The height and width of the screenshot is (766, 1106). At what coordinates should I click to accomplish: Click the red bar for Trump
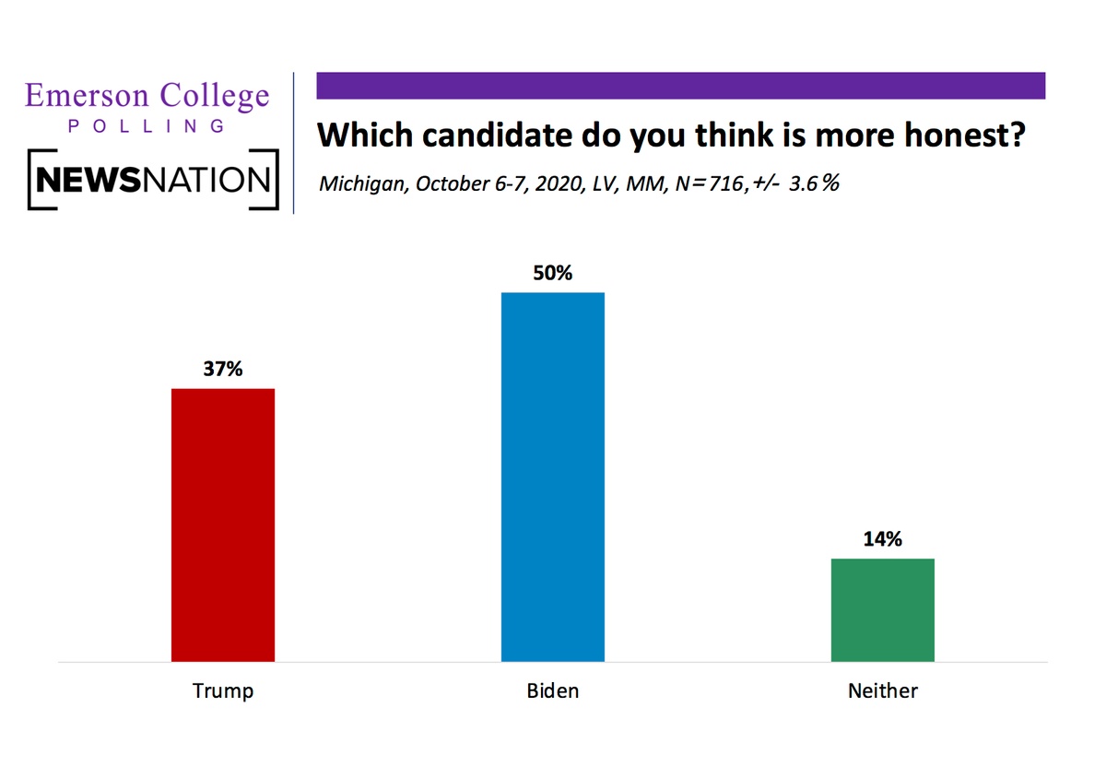point(223,525)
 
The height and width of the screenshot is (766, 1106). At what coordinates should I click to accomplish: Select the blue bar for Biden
point(552,477)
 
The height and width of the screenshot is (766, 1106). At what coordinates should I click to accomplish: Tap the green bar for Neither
point(882,610)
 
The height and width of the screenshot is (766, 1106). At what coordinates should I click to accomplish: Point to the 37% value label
point(223,369)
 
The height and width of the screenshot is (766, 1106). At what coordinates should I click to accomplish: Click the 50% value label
point(552,273)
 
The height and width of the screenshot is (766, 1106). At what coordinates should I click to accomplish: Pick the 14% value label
point(882,539)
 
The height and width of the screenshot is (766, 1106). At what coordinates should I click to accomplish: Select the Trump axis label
point(223,691)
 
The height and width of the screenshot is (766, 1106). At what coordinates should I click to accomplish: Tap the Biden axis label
point(552,690)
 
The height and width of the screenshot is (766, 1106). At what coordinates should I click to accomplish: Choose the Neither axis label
point(883,690)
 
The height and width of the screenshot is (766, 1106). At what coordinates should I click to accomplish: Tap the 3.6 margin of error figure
point(803,183)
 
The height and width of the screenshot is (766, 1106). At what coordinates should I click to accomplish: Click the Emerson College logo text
point(147,96)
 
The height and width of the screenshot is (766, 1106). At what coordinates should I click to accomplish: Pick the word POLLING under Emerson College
point(147,126)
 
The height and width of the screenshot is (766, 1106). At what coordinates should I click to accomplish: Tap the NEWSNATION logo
point(153,179)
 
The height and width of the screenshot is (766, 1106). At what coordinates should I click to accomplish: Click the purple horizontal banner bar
point(681,86)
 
